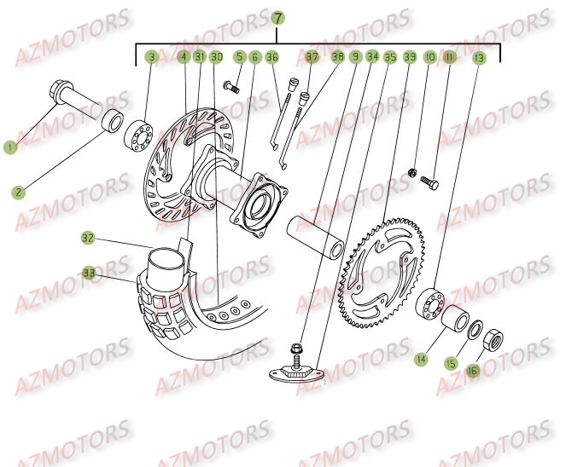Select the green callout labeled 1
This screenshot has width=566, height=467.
click(x=10, y=147)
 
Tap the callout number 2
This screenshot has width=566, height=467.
click(x=17, y=193)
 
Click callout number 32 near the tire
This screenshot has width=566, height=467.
click(x=88, y=237)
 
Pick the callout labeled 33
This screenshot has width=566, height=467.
click(x=89, y=274)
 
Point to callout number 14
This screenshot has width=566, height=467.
click(x=420, y=360)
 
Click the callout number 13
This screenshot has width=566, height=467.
click(x=478, y=57)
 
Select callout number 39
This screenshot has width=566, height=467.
click(x=410, y=57)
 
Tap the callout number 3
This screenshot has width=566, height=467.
click(x=151, y=57)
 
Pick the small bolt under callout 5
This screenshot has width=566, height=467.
click(x=230, y=85)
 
